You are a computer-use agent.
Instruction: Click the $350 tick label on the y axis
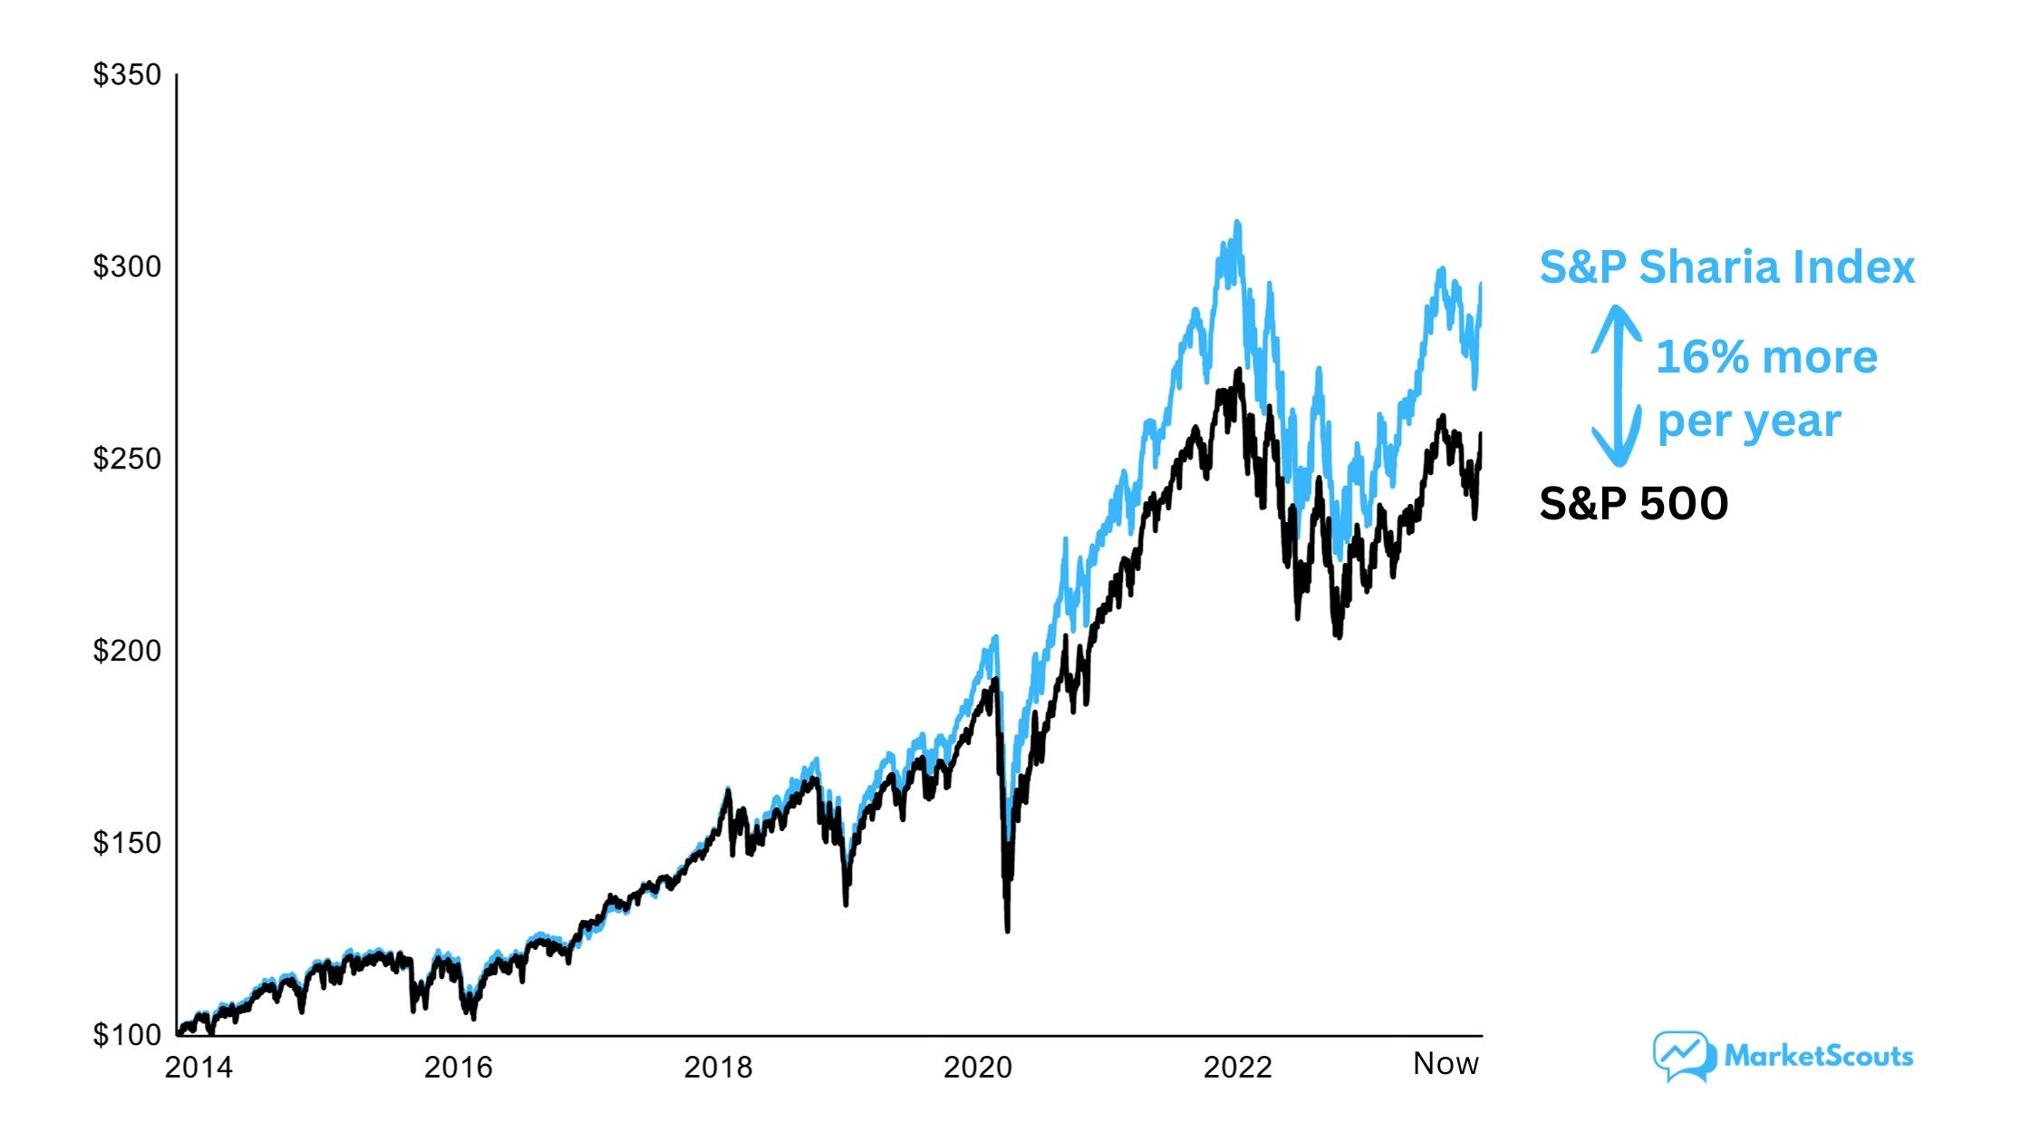[x=127, y=75]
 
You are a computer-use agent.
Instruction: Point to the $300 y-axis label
[x=127, y=267]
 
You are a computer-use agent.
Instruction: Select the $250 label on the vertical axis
[x=127, y=460]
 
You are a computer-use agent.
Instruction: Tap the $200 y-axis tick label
[x=127, y=652]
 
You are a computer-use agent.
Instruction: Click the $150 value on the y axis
[x=127, y=844]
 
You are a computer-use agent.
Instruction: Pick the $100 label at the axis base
[x=127, y=1035]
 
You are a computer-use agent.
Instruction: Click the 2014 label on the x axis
[x=198, y=1069]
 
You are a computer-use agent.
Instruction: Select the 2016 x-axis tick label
[x=459, y=1069]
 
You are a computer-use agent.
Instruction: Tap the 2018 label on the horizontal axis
[x=718, y=1069]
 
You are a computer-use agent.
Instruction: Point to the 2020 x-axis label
[x=978, y=1069]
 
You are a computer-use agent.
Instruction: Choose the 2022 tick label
[x=1238, y=1069]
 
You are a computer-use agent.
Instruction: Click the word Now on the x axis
[x=1445, y=1064]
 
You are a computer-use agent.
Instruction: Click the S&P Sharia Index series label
[x=1726, y=267]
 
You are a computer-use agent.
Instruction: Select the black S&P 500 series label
[x=1633, y=504]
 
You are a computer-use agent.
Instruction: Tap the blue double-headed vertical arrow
[x=1617, y=386]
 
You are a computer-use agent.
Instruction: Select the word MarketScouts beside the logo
[x=1818, y=1056]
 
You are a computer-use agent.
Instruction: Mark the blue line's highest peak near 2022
[x=1237, y=223]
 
